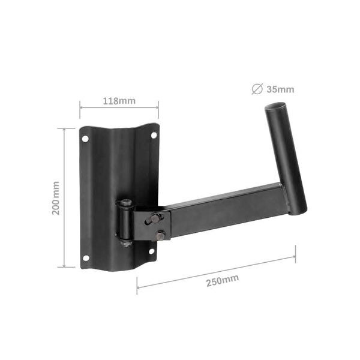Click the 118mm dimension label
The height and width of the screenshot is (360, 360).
click(x=119, y=101)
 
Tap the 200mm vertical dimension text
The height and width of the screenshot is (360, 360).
click(x=56, y=198)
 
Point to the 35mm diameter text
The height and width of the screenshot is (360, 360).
click(x=281, y=90)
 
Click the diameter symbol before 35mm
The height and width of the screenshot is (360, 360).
click(x=257, y=90)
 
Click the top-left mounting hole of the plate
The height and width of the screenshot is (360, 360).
click(x=85, y=139)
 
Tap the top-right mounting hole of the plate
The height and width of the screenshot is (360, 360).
click(x=154, y=135)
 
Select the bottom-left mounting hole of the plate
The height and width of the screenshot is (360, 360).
click(x=85, y=258)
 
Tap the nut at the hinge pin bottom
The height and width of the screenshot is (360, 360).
click(x=126, y=243)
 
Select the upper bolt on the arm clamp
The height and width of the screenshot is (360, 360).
click(x=155, y=218)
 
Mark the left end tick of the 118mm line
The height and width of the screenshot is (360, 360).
click(x=80, y=109)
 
